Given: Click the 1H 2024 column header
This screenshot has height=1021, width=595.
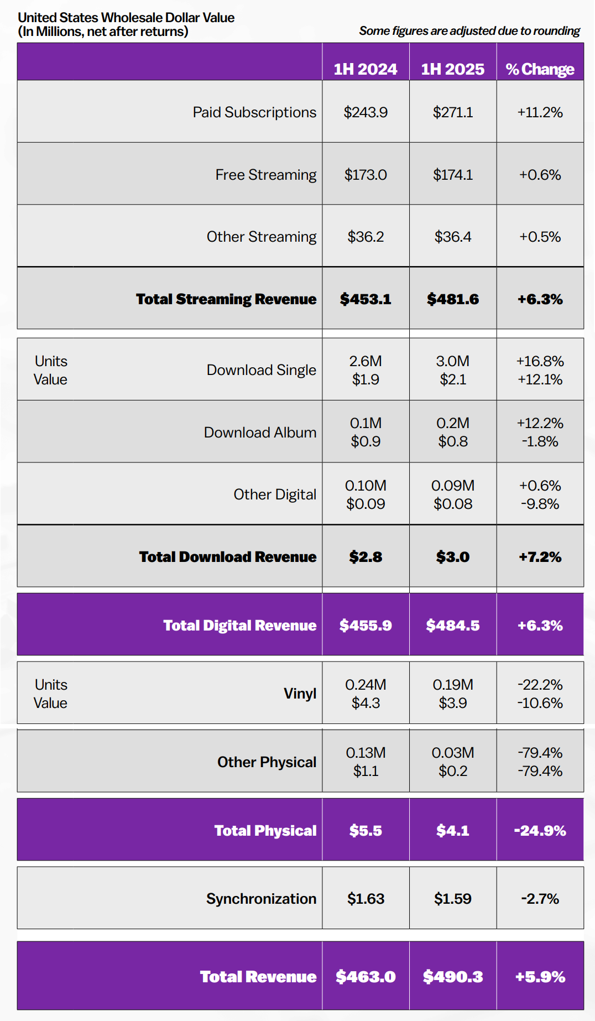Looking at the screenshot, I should [366, 69].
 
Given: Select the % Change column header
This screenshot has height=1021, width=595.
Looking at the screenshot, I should [540, 69].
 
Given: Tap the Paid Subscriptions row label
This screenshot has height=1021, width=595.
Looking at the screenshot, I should [254, 112].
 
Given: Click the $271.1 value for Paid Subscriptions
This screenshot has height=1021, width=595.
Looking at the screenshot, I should [453, 112].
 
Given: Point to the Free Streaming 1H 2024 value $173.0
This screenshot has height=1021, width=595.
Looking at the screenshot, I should [366, 175].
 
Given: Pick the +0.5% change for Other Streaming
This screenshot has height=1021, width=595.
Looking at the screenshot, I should [540, 237].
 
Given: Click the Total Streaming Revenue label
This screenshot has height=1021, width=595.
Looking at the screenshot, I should [226, 299].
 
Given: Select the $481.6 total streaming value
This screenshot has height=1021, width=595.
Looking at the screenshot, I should [453, 299].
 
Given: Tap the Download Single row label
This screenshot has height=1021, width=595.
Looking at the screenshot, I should [261, 370].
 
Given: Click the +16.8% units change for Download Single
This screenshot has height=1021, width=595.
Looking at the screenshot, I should [540, 361].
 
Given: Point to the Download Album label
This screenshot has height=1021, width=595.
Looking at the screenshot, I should [260, 433].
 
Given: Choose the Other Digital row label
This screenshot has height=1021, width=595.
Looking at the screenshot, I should [275, 494].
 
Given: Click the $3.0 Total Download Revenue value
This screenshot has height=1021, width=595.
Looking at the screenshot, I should [453, 557].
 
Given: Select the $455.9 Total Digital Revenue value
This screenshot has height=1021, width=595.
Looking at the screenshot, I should [366, 626].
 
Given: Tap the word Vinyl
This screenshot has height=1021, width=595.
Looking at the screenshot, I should [300, 694].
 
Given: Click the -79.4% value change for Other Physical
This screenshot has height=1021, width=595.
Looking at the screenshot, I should [540, 771].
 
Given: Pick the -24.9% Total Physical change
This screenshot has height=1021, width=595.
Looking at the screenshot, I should [540, 831].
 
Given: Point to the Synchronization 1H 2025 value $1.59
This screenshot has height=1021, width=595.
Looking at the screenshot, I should [453, 899].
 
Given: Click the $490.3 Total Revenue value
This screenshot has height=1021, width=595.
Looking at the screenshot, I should [453, 977].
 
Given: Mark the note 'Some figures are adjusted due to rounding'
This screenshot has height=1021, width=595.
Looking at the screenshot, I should [469, 31].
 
